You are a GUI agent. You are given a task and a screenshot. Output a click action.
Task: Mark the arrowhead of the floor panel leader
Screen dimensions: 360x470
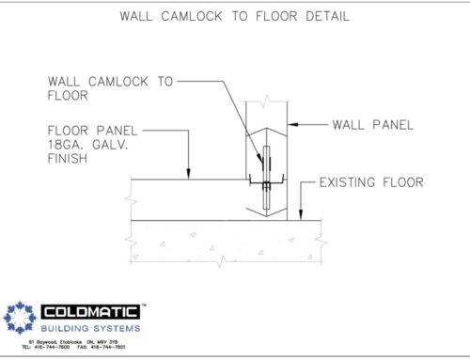190,175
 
